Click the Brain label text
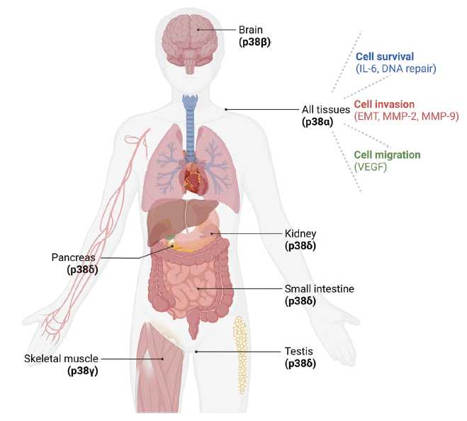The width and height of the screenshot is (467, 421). [251, 30]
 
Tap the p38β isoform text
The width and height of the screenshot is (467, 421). [254, 43]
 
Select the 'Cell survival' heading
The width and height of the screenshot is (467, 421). [385, 56]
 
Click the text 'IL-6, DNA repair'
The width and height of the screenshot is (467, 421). [396, 69]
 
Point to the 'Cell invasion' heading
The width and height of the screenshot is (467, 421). [384, 104]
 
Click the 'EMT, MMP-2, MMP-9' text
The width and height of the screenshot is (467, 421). [407, 116]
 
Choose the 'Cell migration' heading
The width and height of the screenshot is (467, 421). [387, 155]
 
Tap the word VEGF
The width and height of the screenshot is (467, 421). [371, 167]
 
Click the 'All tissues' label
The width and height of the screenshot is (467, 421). [326, 110]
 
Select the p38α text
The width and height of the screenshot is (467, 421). [317, 122]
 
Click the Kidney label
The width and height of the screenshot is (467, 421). [300, 234]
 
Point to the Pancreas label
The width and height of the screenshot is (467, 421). [73, 257]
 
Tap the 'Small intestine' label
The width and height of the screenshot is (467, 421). [320, 288]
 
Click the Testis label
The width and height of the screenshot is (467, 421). [299, 352]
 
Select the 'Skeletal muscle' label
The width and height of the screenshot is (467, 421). [61, 359]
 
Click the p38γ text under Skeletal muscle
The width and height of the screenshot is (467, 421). [83, 371]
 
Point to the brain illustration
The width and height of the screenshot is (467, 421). [190, 43]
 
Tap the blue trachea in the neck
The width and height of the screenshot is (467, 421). [191, 125]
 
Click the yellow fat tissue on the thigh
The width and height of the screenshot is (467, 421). [240, 354]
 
